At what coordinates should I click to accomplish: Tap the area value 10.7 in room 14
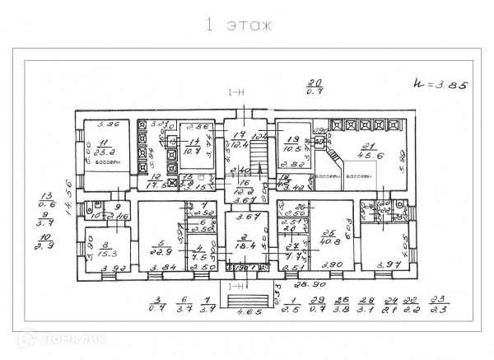[193, 151]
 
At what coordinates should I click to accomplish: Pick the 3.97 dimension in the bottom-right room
[386, 264]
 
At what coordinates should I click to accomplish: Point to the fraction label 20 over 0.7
[314, 86]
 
